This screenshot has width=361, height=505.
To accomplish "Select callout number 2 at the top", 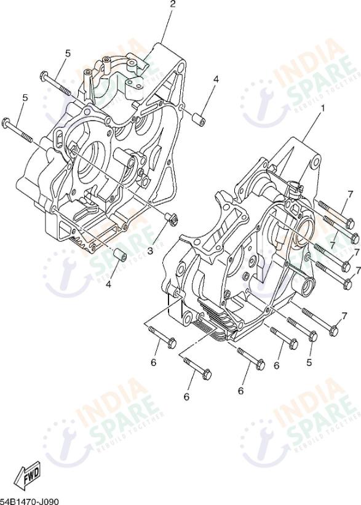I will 173,4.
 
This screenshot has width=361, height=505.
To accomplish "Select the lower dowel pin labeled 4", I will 122,255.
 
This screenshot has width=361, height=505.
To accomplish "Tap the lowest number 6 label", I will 186,397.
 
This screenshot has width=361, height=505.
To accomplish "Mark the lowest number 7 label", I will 344,316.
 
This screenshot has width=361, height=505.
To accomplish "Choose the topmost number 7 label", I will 349,194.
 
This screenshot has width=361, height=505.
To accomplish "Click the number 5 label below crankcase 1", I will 309,363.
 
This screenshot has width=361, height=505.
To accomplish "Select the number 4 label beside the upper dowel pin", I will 216,79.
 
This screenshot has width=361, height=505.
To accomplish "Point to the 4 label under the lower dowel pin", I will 109,284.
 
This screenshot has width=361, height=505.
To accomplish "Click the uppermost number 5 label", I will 68,54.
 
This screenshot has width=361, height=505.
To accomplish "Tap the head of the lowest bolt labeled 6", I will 207,373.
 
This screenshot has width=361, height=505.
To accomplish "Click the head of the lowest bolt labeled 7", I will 334,331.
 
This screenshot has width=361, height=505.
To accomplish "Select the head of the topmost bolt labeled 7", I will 348,222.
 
